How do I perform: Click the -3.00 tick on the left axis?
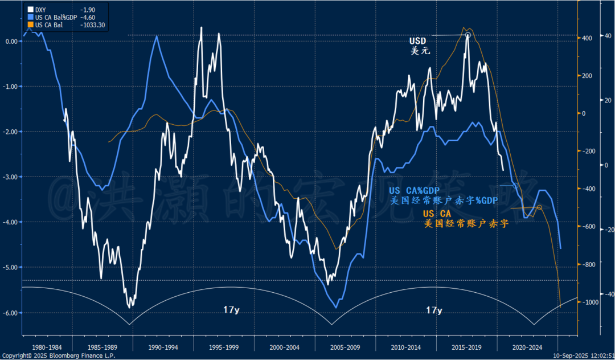click(11, 177)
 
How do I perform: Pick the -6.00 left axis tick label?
click(11, 313)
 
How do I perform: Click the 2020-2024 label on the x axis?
click(526, 346)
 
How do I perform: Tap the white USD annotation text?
click(417, 41)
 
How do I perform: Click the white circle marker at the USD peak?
click(468, 35)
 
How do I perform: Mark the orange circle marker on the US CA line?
click(539, 207)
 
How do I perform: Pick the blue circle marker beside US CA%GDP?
click(515, 186)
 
